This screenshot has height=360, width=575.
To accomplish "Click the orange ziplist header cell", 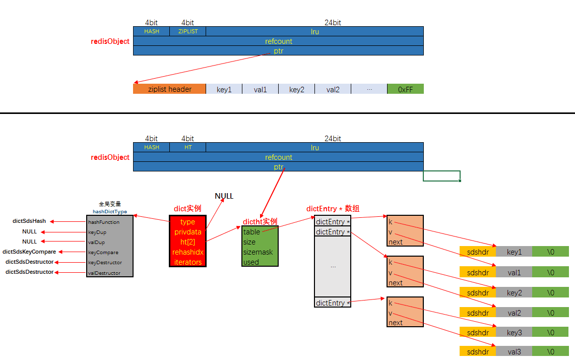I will [x=169, y=89].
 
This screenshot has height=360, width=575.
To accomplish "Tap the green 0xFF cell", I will [x=405, y=89].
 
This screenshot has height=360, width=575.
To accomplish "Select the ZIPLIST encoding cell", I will [x=187, y=31].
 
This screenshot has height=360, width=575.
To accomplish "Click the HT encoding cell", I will [x=187, y=147].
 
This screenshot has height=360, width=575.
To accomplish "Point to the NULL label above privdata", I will [x=224, y=196].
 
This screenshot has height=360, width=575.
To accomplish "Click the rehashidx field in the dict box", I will [x=187, y=252].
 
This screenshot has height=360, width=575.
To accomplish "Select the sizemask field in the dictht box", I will [x=258, y=252].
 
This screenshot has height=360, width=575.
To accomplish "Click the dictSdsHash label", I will [x=29, y=221].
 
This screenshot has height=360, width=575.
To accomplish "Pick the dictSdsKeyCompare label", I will [x=29, y=252].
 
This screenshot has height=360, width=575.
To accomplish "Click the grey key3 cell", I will [x=514, y=333].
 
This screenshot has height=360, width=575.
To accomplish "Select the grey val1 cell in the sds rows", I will [x=514, y=272].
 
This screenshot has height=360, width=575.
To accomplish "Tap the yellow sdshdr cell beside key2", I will [x=478, y=292].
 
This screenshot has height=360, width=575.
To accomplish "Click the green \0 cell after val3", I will [x=551, y=352].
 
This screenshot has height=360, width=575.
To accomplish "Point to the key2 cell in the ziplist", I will [x=296, y=89].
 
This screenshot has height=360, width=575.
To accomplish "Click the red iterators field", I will [x=187, y=262].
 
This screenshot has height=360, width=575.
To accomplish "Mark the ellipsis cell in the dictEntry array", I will [x=333, y=266].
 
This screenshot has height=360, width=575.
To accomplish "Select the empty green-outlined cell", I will [x=441, y=176].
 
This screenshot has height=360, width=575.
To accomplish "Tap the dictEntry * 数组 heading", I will [x=333, y=209].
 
